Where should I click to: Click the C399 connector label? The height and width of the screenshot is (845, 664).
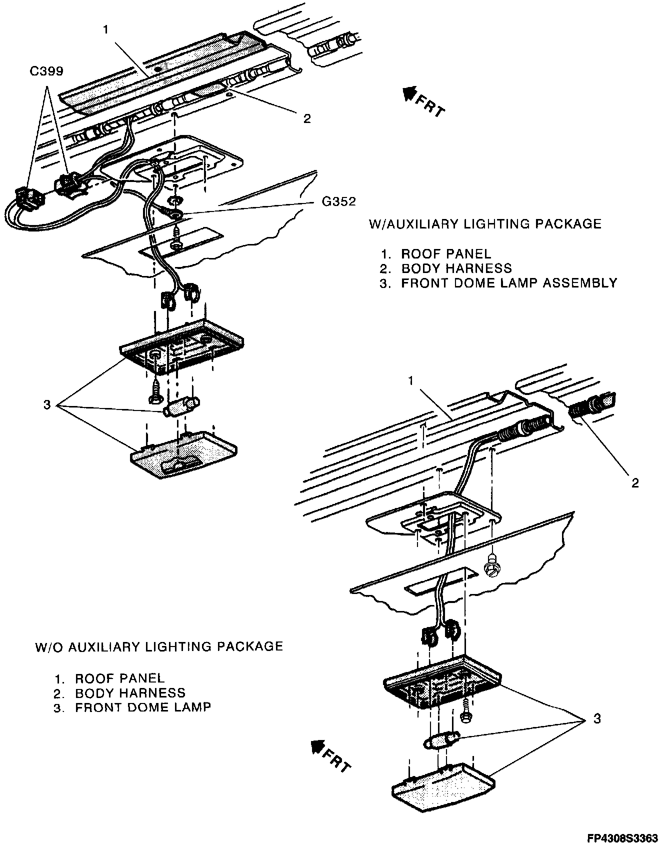click(x=46, y=71)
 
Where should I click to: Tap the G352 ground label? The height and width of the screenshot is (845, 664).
click(x=338, y=201)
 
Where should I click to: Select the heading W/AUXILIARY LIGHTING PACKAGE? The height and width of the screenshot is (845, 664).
click(x=485, y=223)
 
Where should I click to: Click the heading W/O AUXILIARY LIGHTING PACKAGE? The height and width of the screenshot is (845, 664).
click(x=159, y=646)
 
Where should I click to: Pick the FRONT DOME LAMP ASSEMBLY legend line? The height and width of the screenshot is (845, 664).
click(x=509, y=283)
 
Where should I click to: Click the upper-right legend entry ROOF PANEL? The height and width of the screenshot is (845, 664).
click(x=446, y=254)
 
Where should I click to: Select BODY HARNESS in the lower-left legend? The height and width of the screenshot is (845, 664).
click(x=130, y=693)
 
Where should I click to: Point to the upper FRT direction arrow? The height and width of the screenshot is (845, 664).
click(x=411, y=93)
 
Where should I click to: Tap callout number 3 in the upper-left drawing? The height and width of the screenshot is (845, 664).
click(x=47, y=404)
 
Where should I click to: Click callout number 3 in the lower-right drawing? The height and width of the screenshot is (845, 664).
click(x=596, y=719)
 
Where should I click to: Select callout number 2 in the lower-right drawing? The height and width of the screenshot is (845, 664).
click(x=635, y=483)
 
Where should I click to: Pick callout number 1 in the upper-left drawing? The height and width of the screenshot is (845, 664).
click(x=105, y=30)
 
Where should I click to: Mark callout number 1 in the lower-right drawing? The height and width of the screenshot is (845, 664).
click(x=410, y=381)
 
